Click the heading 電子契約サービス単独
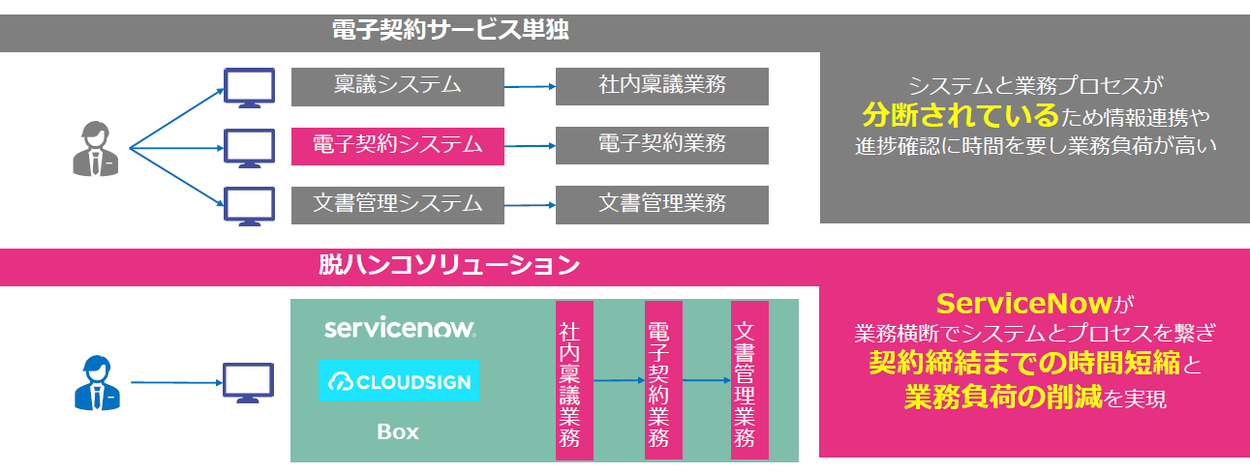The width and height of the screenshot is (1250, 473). point(450,30)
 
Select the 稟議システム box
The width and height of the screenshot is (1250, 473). point(397,86)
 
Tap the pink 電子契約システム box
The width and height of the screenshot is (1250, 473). point(397,146)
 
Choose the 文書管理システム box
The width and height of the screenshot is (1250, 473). point(397,205)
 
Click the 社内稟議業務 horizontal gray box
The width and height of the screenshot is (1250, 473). point(661,86)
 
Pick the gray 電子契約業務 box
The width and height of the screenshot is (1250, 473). point(661,146)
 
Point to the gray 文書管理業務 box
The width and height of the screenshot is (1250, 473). point(661,205)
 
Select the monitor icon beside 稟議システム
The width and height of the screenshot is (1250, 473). point(249,87)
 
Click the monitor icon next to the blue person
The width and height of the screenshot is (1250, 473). point(249,383)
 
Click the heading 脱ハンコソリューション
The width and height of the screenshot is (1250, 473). point(449,264)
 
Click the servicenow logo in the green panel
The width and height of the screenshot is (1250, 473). point(400,329)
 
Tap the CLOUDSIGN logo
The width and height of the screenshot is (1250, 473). point(400,381)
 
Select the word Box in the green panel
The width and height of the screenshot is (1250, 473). point(398,431)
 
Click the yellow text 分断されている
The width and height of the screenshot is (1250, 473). point(960,116)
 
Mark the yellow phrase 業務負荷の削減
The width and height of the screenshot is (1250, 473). point(1003,397)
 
